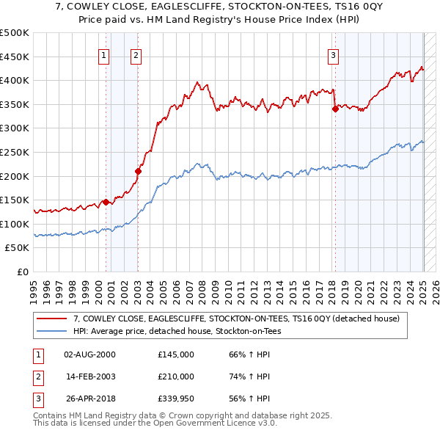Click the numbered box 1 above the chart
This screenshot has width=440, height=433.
pyautogui.click(x=103, y=54)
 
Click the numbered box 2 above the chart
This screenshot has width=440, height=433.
pyautogui.click(x=136, y=54)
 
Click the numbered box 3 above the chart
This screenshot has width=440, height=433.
pyautogui.click(x=333, y=54)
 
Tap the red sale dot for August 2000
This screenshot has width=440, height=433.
pyautogui.click(x=106, y=202)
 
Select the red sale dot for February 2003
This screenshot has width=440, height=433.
pyautogui.click(x=139, y=171)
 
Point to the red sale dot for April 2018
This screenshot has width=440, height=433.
pyautogui.click(x=335, y=109)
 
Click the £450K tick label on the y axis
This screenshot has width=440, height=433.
pyautogui.click(x=15, y=57)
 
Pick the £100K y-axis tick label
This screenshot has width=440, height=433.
pyautogui.click(x=15, y=224)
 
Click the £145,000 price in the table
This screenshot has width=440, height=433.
pyautogui.click(x=176, y=354)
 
